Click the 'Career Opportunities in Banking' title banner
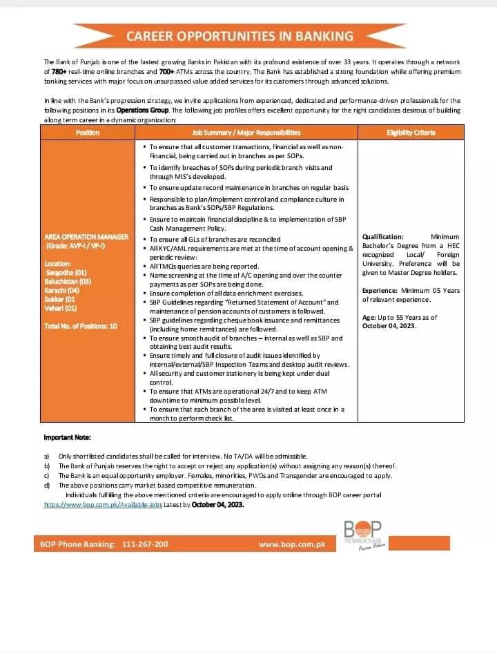[x=240, y=37]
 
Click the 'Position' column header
[x=88, y=133]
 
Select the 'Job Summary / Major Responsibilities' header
[x=246, y=133]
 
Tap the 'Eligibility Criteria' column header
[x=411, y=133]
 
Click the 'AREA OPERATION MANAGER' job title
[x=86, y=237]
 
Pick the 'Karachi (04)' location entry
[x=62, y=291]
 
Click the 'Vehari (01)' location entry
[x=61, y=308]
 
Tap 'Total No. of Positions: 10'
[x=81, y=326]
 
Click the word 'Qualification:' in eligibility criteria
[x=382, y=237]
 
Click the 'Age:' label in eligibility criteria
[x=369, y=318]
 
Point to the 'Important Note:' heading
[x=67, y=438]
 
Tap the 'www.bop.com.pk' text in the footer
[x=291, y=544]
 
